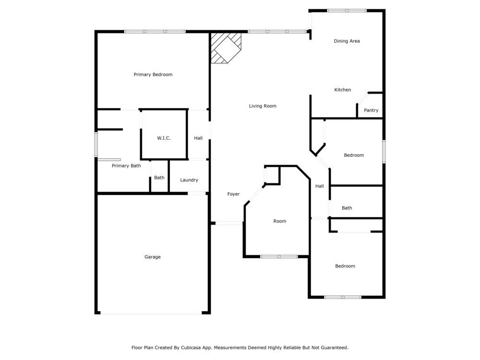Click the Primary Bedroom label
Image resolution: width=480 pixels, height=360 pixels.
(153, 74)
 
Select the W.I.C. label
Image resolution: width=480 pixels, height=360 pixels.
(164, 138)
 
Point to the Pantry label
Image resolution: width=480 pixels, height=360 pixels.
(371, 110)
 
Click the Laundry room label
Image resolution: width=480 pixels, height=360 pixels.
(189, 180)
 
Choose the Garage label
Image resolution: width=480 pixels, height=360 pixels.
(153, 257)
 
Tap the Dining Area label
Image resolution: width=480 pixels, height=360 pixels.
(347, 41)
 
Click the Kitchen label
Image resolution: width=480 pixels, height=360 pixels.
(343, 90)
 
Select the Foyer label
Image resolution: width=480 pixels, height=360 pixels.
(233, 194)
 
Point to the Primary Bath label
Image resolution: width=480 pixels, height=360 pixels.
(126, 166)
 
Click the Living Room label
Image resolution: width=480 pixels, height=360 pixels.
(263, 106)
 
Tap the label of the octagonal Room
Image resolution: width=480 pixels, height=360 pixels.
(279, 221)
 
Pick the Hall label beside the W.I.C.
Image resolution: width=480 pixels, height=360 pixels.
(198, 138)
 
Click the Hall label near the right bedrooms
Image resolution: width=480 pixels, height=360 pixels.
(320, 186)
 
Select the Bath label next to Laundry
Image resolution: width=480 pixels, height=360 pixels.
(159, 178)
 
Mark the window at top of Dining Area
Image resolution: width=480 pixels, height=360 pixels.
(347, 11)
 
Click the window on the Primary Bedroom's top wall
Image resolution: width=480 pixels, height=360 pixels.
(155, 32)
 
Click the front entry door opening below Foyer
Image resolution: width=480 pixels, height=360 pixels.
(229, 223)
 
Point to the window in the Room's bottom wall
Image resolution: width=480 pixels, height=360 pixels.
(279, 257)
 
